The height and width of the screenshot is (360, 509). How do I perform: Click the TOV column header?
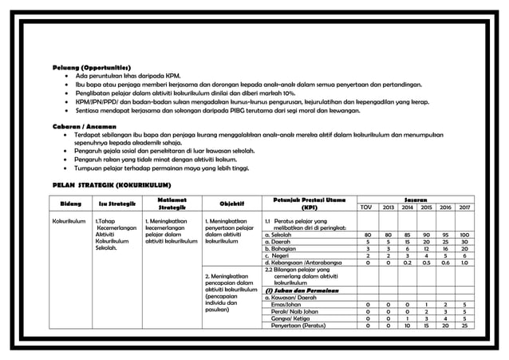click(366, 210)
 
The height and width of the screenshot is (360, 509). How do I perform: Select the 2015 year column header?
click(425, 210)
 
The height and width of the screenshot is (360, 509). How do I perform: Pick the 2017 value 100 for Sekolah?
click(464, 235)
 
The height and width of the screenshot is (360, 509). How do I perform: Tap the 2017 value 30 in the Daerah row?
click(464, 243)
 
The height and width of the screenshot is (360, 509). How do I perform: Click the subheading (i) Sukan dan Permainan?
click(302, 290)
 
